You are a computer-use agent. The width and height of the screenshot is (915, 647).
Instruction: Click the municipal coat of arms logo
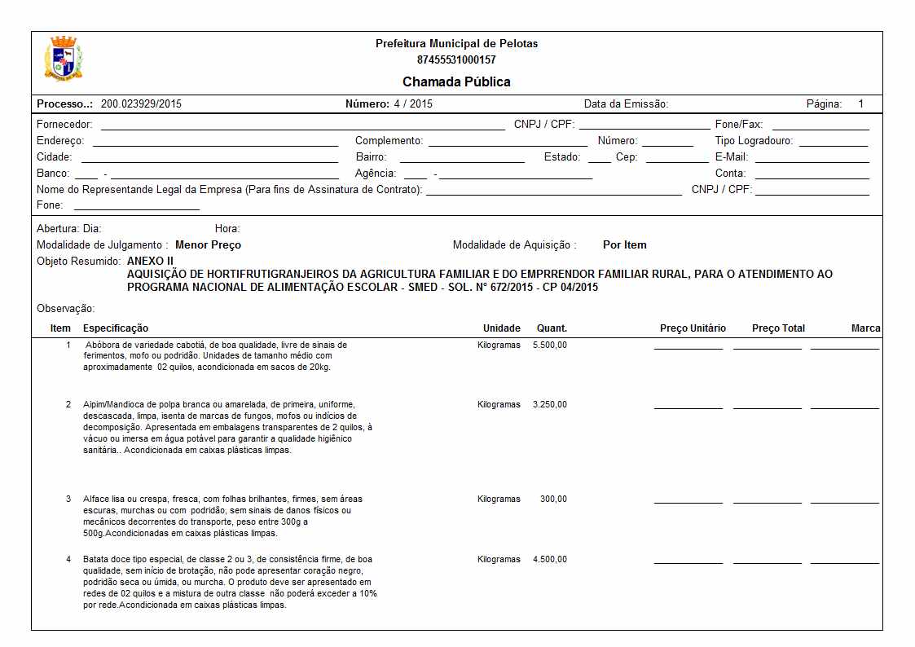tap(64, 58)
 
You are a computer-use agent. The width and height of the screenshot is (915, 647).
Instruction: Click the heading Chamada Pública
tap(456, 81)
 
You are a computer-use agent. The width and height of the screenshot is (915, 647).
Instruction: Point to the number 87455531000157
tap(456, 59)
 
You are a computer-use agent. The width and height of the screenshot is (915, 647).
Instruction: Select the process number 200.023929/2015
tap(141, 104)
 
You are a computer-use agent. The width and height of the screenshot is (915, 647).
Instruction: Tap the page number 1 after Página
tap(860, 104)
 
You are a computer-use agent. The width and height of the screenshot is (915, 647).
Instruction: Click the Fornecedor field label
tap(64, 125)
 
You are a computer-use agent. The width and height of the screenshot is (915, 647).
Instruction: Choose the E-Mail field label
tap(731, 157)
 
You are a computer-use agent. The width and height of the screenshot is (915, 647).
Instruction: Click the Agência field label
tap(376, 174)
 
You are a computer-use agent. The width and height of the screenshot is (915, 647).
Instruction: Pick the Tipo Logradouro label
tap(748, 141)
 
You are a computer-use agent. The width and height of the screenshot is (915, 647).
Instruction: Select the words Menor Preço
tap(208, 245)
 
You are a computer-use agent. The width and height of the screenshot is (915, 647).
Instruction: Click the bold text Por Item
tap(624, 245)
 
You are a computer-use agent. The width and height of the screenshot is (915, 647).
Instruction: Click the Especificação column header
tap(116, 328)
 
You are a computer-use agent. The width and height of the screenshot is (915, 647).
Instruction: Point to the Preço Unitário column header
tap(693, 328)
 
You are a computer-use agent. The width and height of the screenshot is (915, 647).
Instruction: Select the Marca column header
tap(865, 328)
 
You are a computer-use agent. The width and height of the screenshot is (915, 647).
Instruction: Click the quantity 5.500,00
tap(550, 346)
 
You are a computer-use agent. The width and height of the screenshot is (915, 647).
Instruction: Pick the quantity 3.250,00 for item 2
tap(550, 405)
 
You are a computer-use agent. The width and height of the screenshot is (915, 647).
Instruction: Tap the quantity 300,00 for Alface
tap(553, 500)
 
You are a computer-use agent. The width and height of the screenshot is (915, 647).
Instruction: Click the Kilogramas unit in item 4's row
tap(499, 560)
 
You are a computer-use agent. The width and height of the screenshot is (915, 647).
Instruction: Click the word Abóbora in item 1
tap(103, 346)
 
